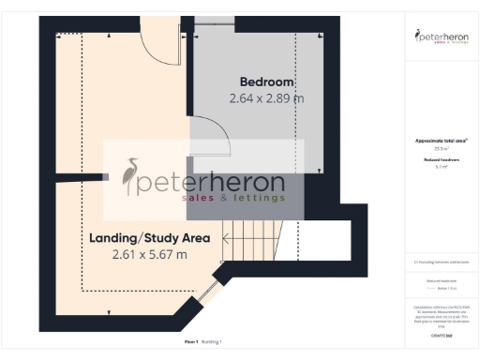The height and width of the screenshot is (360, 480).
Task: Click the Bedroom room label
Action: click(x=266, y=81)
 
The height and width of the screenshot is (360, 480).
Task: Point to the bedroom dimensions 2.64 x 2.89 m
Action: click(x=266, y=97)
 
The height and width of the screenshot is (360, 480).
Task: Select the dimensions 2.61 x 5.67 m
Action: click(x=149, y=254)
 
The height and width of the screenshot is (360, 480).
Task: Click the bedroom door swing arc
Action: click(x=219, y=144)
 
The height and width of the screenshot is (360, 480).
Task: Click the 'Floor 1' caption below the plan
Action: click(x=191, y=342)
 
